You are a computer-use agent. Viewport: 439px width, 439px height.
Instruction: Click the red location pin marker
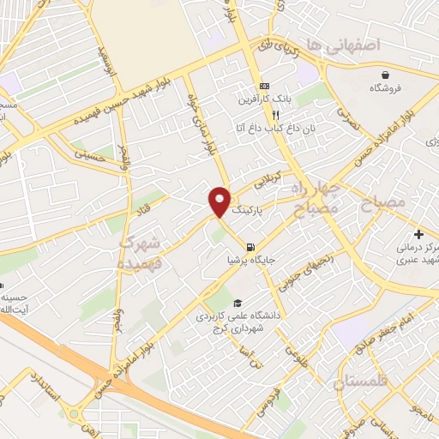pos(219,201)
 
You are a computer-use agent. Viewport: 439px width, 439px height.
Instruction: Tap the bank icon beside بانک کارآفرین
pos(264,86)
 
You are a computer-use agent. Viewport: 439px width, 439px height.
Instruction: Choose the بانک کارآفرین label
pos(265,99)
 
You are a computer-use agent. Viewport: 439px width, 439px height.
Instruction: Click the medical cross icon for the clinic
pos(418,234)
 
